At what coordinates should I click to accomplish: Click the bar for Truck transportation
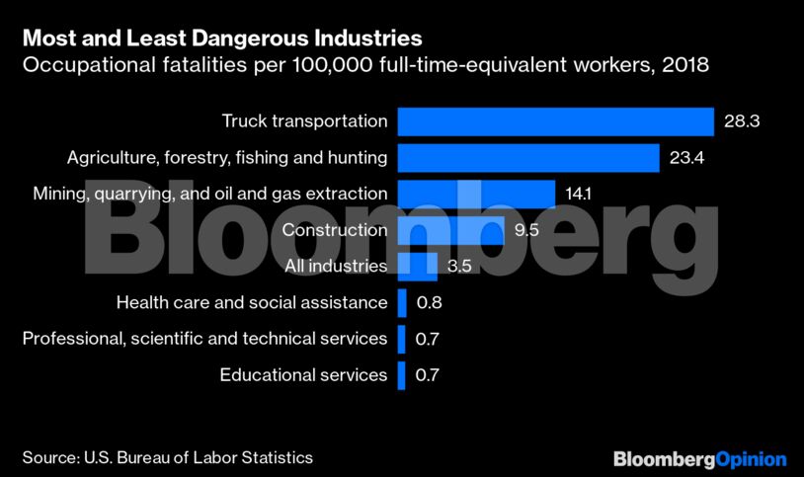[555, 121]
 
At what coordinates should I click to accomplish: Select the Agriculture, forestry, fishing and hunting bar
[528, 157]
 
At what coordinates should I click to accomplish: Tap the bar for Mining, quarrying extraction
[476, 194]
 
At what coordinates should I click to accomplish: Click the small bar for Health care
[402, 302]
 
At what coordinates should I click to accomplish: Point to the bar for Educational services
[401, 375]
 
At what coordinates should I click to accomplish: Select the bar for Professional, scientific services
[401, 339]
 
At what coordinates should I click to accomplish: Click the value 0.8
[429, 302]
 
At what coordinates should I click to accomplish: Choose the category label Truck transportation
[304, 121]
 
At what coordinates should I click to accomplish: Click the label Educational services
[303, 375]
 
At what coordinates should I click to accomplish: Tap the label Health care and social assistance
[251, 302]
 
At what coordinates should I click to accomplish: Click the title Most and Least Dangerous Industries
[222, 40]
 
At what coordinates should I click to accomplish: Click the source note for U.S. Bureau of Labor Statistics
[168, 458]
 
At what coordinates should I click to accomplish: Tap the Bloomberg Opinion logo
[699, 459]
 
